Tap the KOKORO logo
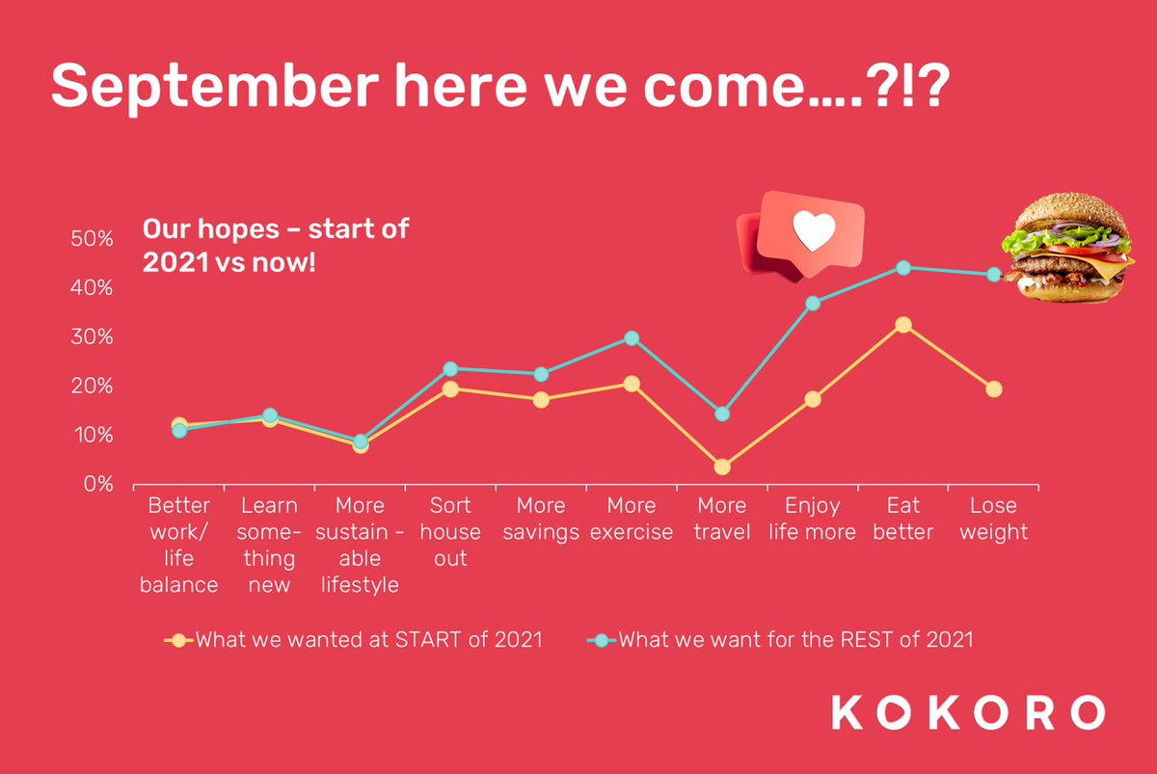pos(968,712)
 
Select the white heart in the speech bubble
pos(812,231)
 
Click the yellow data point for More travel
pos(722,467)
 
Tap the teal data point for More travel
pos(722,414)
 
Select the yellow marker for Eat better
pos(903,325)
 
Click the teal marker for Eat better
pos(903,267)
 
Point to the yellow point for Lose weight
pos(994,388)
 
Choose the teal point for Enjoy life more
pos(813,303)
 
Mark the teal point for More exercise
pos(632,338)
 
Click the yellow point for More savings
pos(541,399)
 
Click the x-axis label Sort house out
pos(450,531)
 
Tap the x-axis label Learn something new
pos(269,545)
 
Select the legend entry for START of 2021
pos(357,639)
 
